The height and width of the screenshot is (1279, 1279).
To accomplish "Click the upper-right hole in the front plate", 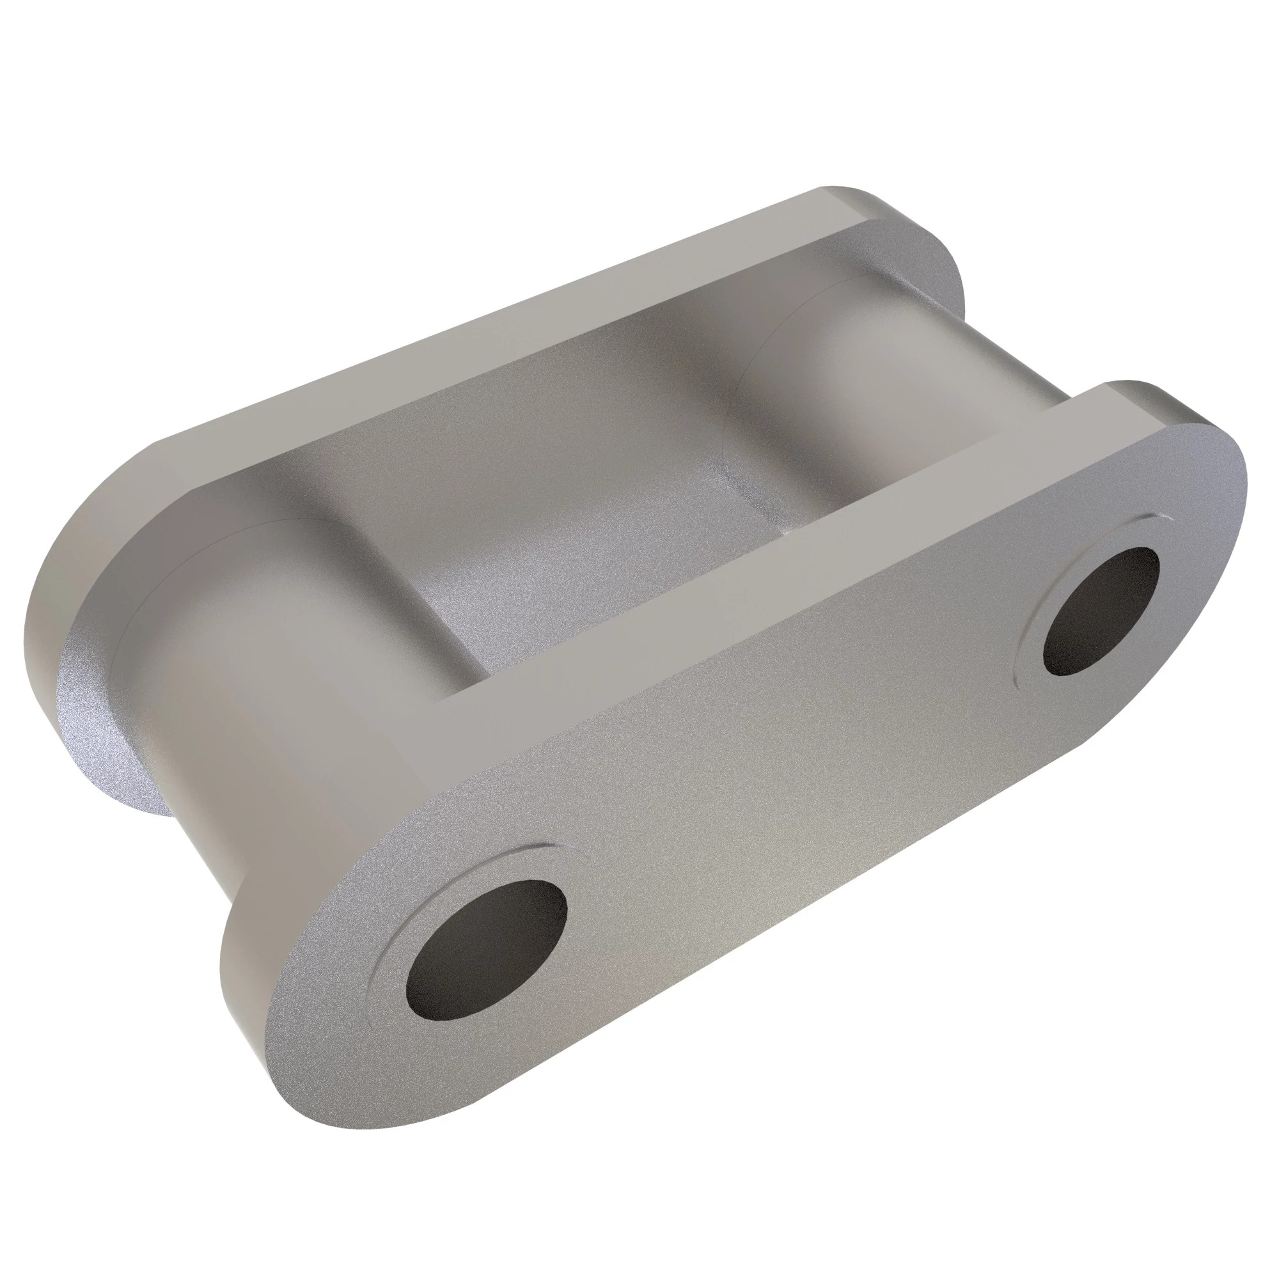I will pos(1100,611).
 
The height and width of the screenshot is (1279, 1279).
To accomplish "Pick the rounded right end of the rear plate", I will pos(940,265).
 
